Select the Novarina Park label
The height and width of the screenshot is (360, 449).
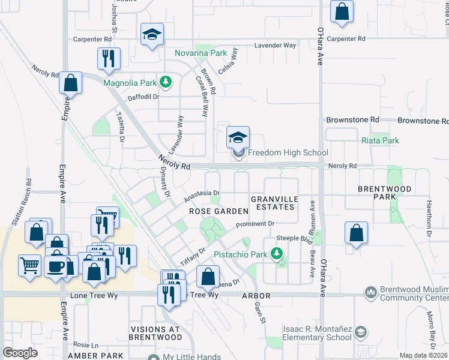(x=200, y=53)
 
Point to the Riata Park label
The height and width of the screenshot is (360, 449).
(x=381, y=140)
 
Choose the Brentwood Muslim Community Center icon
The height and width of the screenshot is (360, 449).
(x=371, y=293)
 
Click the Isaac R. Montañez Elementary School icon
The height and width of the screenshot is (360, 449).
(x=360, y=332)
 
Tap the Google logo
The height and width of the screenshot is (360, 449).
(x=20, y=353)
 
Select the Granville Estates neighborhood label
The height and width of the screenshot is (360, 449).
(x=273, y=203)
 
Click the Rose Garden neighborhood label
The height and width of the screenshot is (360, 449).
(x=218, y=211)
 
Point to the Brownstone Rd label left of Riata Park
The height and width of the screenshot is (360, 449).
(x=352, y=120)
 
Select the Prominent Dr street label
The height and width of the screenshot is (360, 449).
(x=255, y=224)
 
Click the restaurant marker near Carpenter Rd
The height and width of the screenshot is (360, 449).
(x=109, y=59)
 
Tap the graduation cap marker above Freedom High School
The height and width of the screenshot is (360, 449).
(x=238, y=138)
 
